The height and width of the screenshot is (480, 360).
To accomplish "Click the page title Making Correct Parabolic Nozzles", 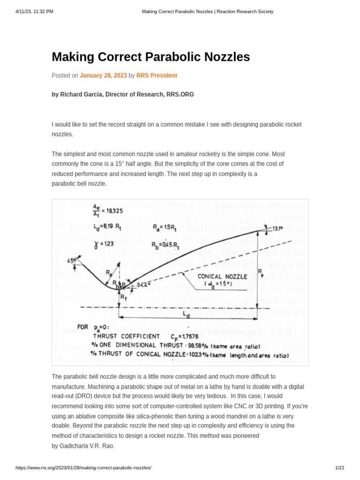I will click(150, 57).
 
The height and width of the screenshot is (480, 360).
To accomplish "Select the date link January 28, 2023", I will click(103, 75).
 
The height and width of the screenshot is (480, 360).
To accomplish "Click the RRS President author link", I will click(157, 75).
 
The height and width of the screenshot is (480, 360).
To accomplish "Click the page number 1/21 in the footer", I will click(340, 468).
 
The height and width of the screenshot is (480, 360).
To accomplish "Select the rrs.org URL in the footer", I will click(83, 468).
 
